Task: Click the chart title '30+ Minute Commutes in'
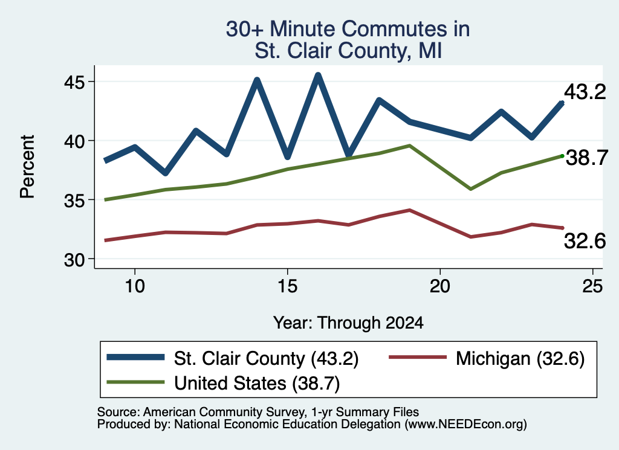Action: pyautogui.click(x=348, y=29)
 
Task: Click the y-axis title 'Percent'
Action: pyautogui.click(x=27, y=167)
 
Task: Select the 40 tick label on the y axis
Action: pyautogui.click(x=74, y=141)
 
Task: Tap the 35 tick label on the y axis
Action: pyautogui.click(x=74, y=201)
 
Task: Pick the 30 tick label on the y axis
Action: pyautogui.click(x=74, y=260)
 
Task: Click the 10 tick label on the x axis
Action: pyautogui.click(x=135, y=286)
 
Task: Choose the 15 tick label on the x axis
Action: pyautogui.click(x=287, y=286)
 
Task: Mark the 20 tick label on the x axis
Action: pyautogui.click(x=440, y=286)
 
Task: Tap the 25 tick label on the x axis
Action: pyautogui.click(x=592, y=286)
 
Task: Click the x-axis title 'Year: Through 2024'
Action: pyautogui.click(x=348, y=323)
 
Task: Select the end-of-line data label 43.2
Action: pyautogui.click(x=585, y=92)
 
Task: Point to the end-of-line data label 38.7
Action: pyautogui.click(x=587, y=158)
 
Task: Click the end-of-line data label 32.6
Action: pyautogui.click(x=585, y=241)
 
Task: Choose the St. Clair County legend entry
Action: pyautogui.click(x=233, y=358)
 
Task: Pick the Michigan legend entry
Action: pyautogui.click(x=487, y=358)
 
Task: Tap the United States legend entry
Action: pyautogui.click(x=223, y=383)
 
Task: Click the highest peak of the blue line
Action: pyautogui.click(x=318, y=74)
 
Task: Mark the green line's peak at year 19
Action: pyautogui.click(x=410, y=146)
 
